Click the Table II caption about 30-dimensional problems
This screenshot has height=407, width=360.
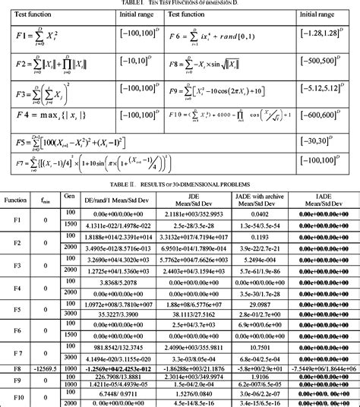click(x=179, y=183)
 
